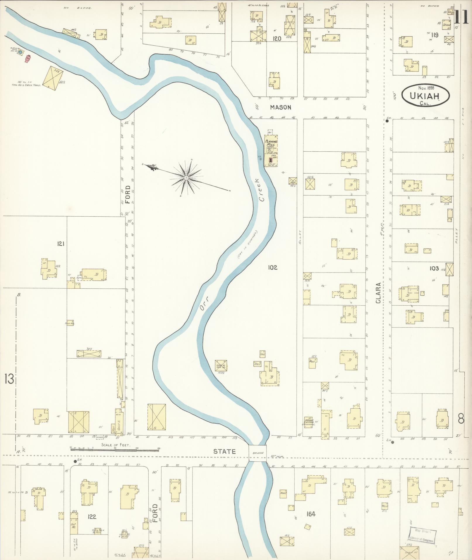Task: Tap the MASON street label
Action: (280, 107)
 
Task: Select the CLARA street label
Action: (379, 293)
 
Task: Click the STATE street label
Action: (224, 451)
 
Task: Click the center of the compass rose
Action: (186, 178)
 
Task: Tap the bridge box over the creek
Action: (258, 453)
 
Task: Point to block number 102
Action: (272, 267)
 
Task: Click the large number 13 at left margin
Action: (9, 379)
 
